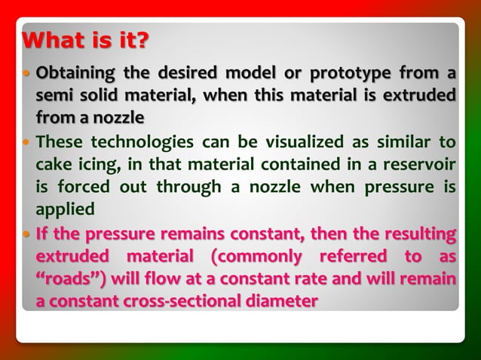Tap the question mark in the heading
tap(142, 39)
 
